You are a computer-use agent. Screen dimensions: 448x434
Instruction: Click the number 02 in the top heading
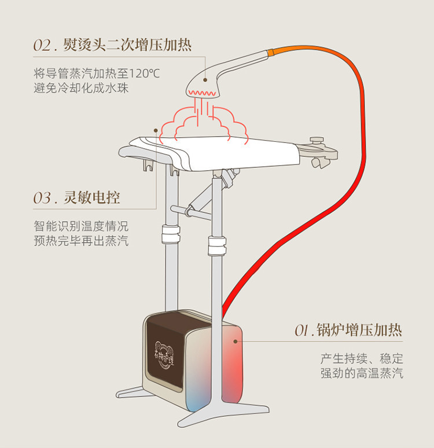point(43,46)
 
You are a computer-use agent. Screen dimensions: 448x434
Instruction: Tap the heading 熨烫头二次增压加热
point(127,45)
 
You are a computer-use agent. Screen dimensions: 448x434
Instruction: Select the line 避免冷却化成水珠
point(81,89)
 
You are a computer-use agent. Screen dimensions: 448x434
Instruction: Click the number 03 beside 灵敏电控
point(43,199)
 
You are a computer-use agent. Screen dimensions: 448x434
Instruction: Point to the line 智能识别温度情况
point(81,226)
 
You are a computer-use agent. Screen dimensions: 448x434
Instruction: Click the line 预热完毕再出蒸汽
point(81,241)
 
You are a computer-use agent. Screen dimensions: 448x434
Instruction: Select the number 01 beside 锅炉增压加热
point(303,331)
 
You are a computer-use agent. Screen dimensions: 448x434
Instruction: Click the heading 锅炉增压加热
point(359,331)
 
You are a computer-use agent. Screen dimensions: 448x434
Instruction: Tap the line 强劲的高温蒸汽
point(362,373)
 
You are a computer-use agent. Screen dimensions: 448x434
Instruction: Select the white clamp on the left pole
point(170,237)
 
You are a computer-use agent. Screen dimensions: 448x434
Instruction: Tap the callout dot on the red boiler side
point(236,341)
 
